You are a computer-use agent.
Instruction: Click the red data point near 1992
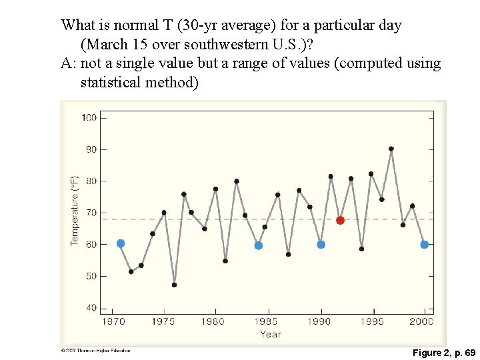(x=340, y=220)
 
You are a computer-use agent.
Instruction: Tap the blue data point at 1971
(x=121, y=243)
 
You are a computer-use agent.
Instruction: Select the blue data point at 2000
(x=424, y=245)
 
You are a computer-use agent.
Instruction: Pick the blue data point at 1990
(x=321, y=245)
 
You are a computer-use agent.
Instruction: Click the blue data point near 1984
(x=259, y=245)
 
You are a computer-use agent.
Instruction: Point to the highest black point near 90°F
(x=391, y=149)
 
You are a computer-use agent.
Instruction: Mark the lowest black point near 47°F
(x=174, y=285)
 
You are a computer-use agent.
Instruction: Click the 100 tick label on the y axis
(x=89, y=118)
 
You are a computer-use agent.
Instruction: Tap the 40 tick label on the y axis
(x=91, y=308)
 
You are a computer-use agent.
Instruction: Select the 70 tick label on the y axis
(x=91, y=213)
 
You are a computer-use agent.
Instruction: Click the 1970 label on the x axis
(x=113, y=321)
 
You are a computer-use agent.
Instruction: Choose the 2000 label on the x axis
(x=422, y=321)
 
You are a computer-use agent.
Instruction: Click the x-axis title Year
(x=270, y=334)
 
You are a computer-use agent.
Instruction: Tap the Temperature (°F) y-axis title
(x=75, y=210)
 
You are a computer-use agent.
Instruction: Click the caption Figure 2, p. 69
(x=443, y=351)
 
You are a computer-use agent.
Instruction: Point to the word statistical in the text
(x=111, y=83)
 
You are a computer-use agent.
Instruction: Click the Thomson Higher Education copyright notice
(x=95, y=350)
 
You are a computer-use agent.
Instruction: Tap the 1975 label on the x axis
(x=163, y=321)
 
